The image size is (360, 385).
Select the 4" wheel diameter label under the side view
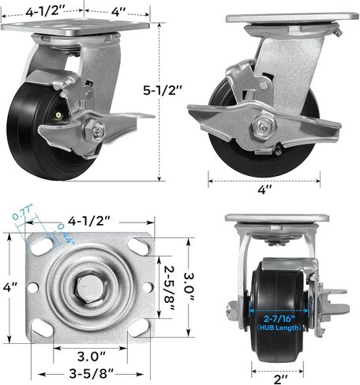pyautogui.click(x=266, y=189)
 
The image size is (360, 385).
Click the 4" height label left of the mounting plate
pyautogui.click(x=9, y=290)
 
